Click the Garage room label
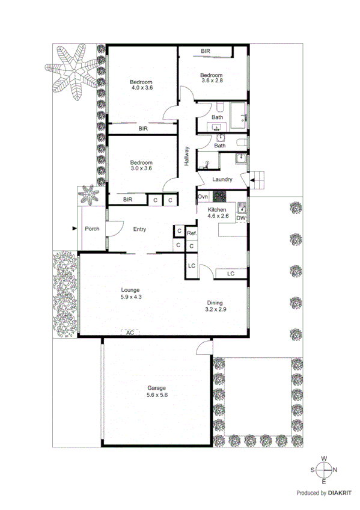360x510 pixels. click(157, 392)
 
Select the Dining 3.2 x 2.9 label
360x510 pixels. click(216, 307)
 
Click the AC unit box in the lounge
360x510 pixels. click(129, 332)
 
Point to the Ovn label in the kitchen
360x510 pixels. click(203, 197)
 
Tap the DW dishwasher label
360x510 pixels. click(241, 219)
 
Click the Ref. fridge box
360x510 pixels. click(192, 233)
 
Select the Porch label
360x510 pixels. click(92, 229)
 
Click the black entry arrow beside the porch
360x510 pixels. click(74, 229)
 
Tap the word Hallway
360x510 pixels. click(187, 156)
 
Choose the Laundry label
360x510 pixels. click(222, 179)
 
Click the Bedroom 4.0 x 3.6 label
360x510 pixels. click(142, 85)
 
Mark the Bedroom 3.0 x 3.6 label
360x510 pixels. click(142, 165)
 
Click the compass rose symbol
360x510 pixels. click(324, 470)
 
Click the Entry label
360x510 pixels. click(139, 229)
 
